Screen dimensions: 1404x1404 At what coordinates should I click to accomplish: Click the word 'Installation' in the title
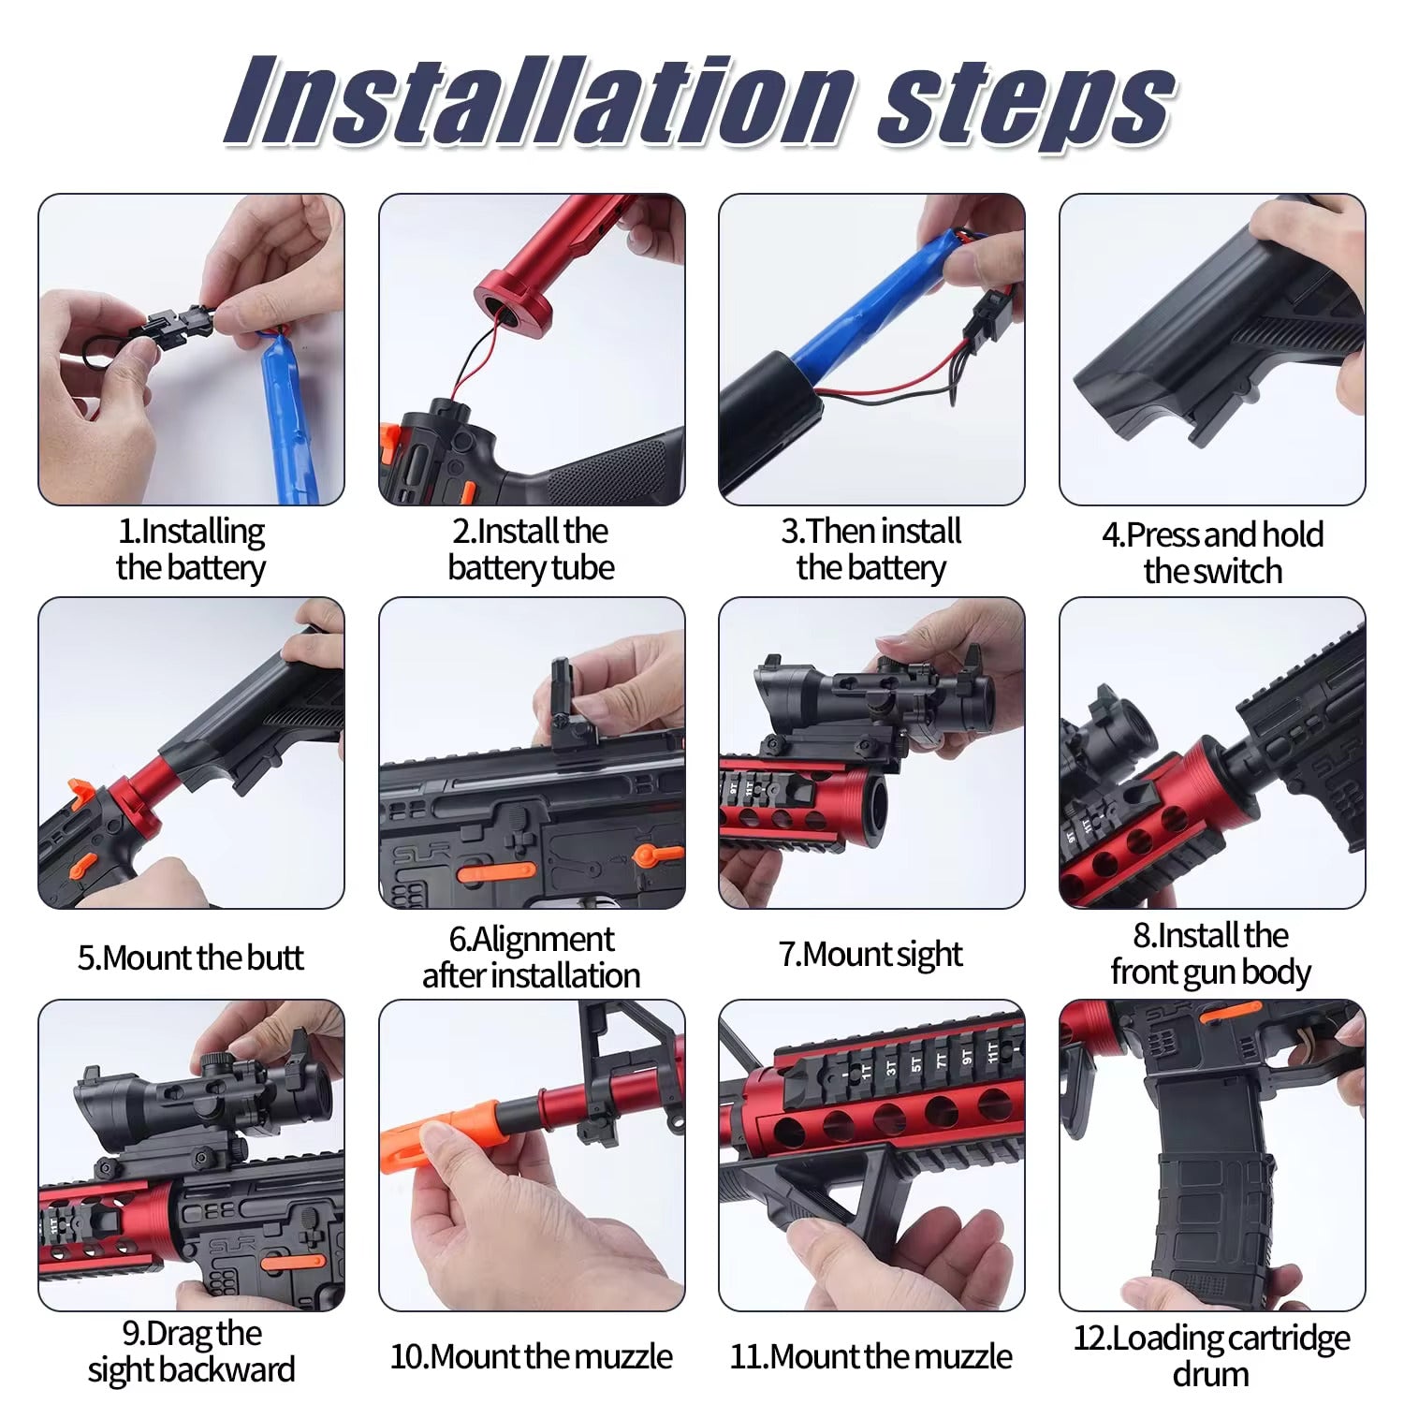[x=538, y=100]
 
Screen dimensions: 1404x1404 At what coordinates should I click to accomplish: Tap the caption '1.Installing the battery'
[x=191, y=549]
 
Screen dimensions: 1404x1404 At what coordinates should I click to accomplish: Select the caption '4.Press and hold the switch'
[x=1212, y=552]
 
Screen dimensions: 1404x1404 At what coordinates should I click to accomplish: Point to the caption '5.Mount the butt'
[x=191, y=958]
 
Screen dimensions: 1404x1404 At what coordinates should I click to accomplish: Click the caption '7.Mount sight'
[x=870, y=955]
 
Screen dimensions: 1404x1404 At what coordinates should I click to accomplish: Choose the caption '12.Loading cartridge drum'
[x=1211, y=1354]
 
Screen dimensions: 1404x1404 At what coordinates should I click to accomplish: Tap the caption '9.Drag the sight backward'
[x=191, y=1351]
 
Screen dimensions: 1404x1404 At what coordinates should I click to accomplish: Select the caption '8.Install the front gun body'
[x=1211, y=954]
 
